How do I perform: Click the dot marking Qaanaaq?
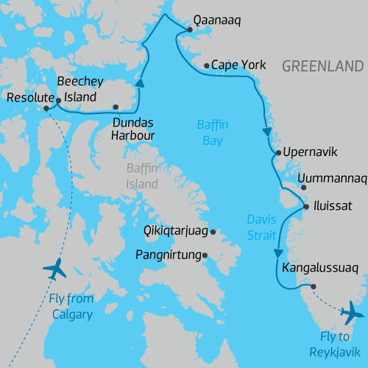189,29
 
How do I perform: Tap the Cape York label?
238,66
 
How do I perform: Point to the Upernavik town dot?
277,153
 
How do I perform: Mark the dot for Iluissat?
307,207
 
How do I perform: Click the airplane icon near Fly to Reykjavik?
352,312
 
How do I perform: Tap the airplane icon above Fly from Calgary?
54,269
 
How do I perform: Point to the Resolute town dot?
46,107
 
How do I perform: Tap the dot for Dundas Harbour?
116,107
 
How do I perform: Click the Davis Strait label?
261,227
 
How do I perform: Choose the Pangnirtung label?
169,256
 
